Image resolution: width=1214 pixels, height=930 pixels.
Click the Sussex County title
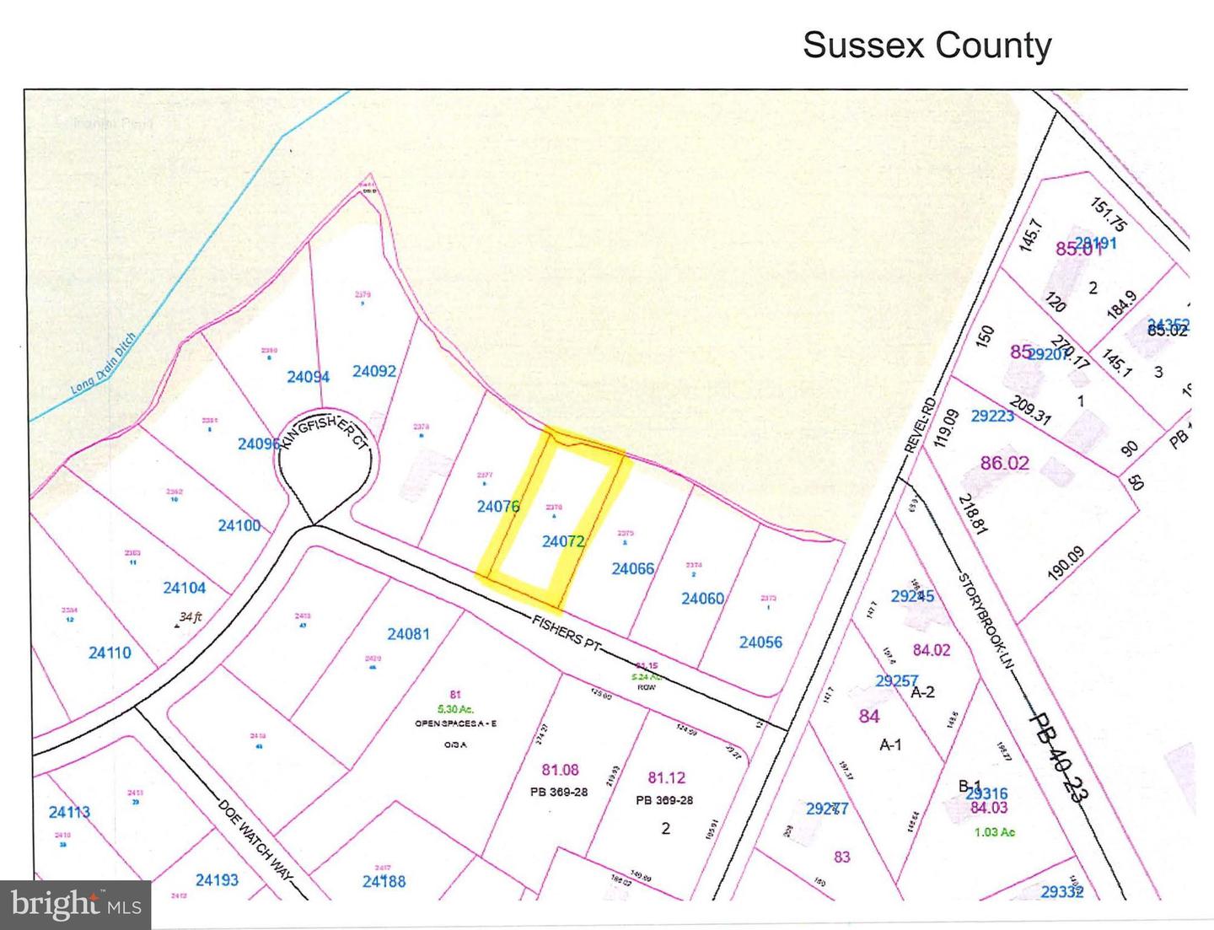point(927,45)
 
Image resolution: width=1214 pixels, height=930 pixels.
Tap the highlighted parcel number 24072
point(563,541)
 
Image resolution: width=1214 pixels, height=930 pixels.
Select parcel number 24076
point(498,506)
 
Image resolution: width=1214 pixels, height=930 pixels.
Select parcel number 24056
point(760,642)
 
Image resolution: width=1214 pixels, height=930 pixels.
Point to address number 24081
point(409,633)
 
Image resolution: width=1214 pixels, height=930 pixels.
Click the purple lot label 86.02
point(1004,463)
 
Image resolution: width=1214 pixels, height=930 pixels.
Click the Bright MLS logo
point(76,905)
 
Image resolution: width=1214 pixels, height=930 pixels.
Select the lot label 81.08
point(560,769)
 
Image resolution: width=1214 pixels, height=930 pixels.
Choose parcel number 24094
point(308,377)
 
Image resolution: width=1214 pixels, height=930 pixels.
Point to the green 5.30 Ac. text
point(455,709)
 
